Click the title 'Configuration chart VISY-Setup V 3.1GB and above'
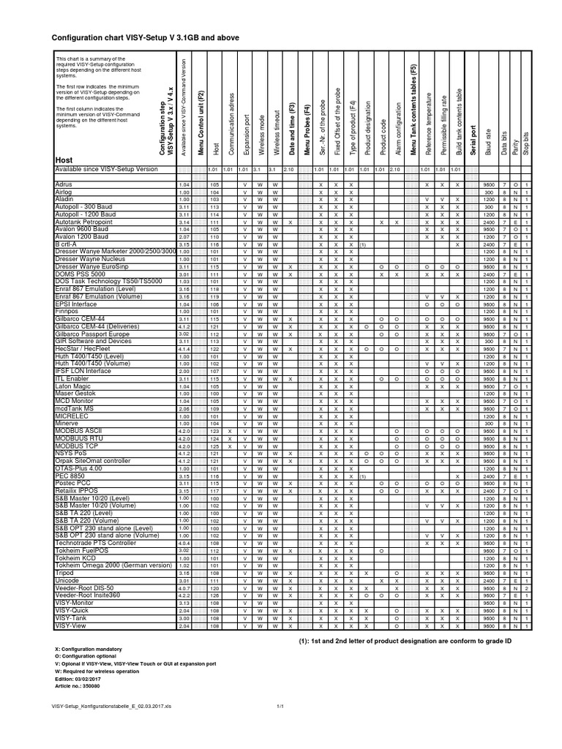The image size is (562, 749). [144, 37]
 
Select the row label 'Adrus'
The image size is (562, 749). [65, 185]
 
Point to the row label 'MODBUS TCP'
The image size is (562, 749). [75, 445]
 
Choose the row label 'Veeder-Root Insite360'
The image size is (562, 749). [89, 595]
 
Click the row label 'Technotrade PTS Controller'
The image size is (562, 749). [96, 543]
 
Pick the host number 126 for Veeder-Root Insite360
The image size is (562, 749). [214, 595]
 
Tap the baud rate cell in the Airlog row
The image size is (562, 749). [487, 192]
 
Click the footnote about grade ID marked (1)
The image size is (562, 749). [405, 641]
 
